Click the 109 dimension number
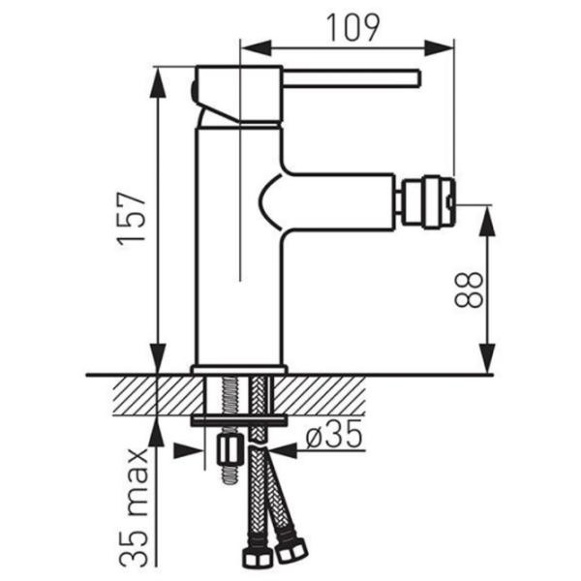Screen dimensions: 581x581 click(352, 28)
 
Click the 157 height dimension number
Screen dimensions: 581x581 click(131, 219)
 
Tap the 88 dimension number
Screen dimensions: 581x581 click(469, 290)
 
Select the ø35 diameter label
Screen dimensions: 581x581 click(334, 434)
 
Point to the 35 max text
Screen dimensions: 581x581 click(134, 507)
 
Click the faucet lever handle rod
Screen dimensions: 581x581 click(352, 78)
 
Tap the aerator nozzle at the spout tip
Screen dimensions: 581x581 click(428, 202)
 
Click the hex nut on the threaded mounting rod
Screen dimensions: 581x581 click(229, 450)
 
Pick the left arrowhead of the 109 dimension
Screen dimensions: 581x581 click(256, 47)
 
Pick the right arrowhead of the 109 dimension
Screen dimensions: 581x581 click(439, 47)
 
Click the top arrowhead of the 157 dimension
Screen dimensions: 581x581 click(158, 83)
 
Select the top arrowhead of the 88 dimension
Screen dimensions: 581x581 click(487, 221)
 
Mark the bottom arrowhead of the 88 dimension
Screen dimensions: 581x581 click(487, 358)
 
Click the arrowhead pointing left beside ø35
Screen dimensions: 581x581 click(283, 451)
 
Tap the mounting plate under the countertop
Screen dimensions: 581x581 click(239, 420)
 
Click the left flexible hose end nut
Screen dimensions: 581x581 click(256, 558)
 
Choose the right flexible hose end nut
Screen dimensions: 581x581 click(291, 549)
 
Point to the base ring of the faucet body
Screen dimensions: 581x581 click(239, 370)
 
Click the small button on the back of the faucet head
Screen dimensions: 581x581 click(193, 92)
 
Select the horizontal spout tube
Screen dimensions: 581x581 click(337, 202)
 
